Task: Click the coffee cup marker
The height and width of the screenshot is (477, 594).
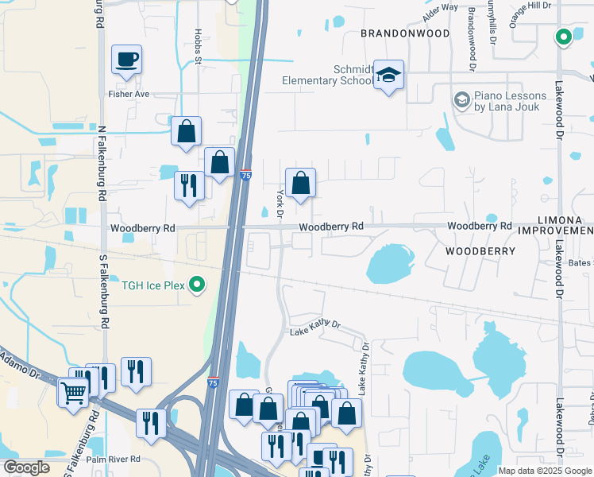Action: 126,60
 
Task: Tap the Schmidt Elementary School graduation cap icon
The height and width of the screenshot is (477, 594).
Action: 388,76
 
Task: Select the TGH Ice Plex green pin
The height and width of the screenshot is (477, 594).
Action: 199,285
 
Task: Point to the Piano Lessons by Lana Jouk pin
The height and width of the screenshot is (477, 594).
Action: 461,100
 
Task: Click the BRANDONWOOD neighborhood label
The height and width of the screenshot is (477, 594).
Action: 405,33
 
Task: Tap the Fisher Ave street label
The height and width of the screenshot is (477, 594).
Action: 129,94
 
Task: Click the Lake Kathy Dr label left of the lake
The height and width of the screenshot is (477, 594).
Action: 314,326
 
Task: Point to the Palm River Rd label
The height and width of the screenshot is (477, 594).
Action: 113,460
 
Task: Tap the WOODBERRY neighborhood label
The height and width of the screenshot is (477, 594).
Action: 480,250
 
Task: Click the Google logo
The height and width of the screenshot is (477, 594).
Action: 26,467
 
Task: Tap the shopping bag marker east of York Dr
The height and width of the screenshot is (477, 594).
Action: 301,184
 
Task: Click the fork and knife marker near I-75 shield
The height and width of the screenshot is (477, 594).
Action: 189,187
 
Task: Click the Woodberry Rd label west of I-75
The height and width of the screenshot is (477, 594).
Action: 142,228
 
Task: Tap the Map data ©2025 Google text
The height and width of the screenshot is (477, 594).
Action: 545,471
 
